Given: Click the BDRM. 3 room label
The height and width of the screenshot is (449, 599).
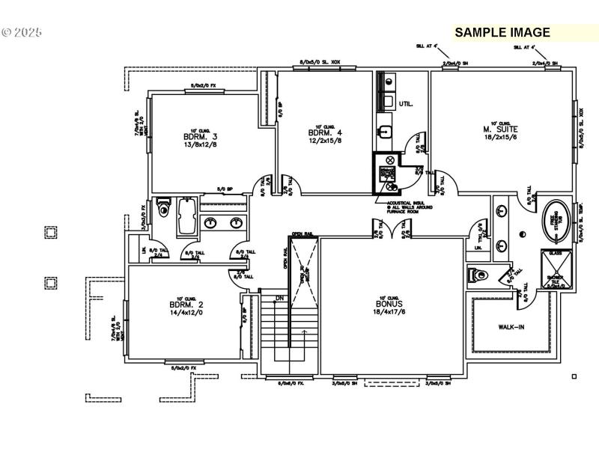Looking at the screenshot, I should [199, 137].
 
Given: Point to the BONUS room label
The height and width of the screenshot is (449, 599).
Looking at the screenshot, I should [389, 305].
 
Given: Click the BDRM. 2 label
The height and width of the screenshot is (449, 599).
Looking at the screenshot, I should [186, 305].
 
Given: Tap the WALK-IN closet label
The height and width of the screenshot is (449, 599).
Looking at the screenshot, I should [511, 327].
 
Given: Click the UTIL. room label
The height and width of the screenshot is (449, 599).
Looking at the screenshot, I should [406, 103].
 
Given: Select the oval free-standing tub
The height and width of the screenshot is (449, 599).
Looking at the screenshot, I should [555, 219].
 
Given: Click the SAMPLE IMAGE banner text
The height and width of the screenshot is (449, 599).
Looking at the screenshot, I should [502, 32].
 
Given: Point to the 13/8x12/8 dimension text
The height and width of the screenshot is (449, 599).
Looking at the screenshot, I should [199, 145].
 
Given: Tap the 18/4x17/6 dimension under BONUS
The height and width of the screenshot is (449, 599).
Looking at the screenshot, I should [389, 313].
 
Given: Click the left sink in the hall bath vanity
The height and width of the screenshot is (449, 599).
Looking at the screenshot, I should [211, 222].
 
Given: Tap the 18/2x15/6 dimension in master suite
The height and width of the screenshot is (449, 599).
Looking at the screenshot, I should [501, 138].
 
